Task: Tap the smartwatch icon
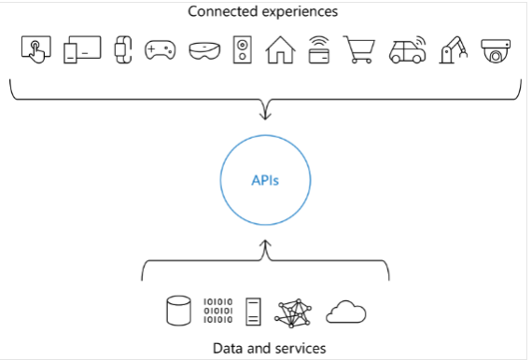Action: (120, 49)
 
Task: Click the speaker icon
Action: (242, 49)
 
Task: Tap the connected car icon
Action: (403, 49)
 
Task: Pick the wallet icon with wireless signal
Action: (319, 48)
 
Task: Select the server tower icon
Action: (254, 311)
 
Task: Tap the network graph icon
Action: (295, 312)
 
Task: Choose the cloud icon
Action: (345, 312)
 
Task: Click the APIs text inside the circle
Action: (265, 180)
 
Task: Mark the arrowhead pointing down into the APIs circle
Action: (265, 116)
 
